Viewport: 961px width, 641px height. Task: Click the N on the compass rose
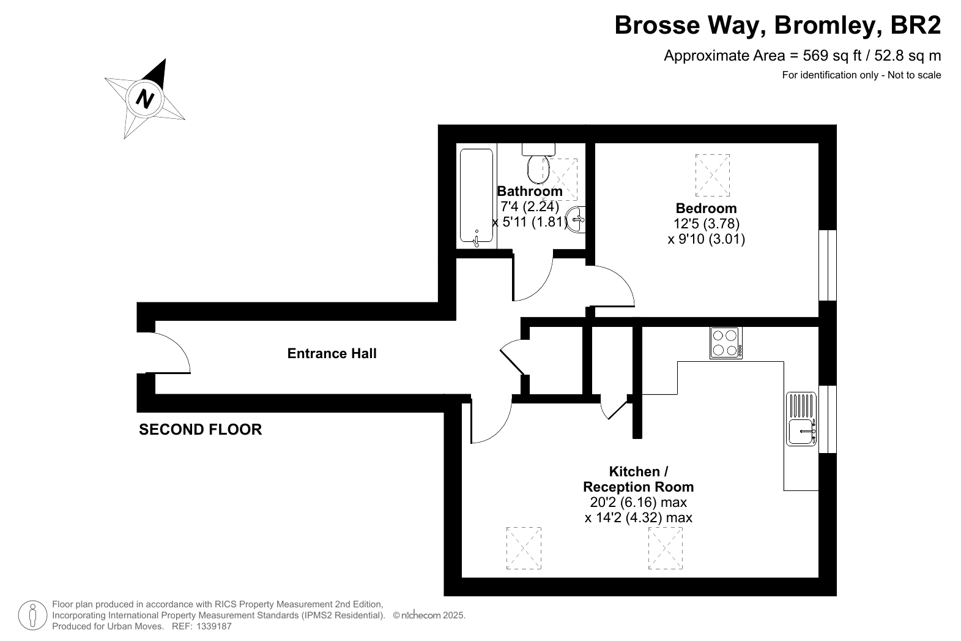[x=144, y=99]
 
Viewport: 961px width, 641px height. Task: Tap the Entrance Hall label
[x=332, y=353]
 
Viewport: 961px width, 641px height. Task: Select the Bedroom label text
[x=706, y=208]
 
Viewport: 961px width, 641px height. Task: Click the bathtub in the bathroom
[x=476, y=196]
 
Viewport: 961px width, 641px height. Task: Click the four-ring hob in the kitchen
[x=725, y=343]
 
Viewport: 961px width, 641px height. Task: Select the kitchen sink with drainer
[x=801, y=419]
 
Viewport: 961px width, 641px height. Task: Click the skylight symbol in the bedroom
[x=712, y=175]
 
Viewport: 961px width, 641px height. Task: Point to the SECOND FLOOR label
[x=201, y=429]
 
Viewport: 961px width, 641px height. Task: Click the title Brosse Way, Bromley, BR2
[x=777, y=25]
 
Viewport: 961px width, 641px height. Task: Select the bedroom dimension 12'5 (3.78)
[x=706, y=223]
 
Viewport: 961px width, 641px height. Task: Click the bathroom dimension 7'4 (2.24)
[x=530, y=206]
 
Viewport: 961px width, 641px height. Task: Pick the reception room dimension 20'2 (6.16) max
[x=639, y=502]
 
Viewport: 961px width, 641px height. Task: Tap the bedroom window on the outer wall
[x=828, y=265]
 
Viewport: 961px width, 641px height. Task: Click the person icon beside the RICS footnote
[x=32, y=615]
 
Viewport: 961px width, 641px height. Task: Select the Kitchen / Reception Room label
[x=639, y=479]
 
